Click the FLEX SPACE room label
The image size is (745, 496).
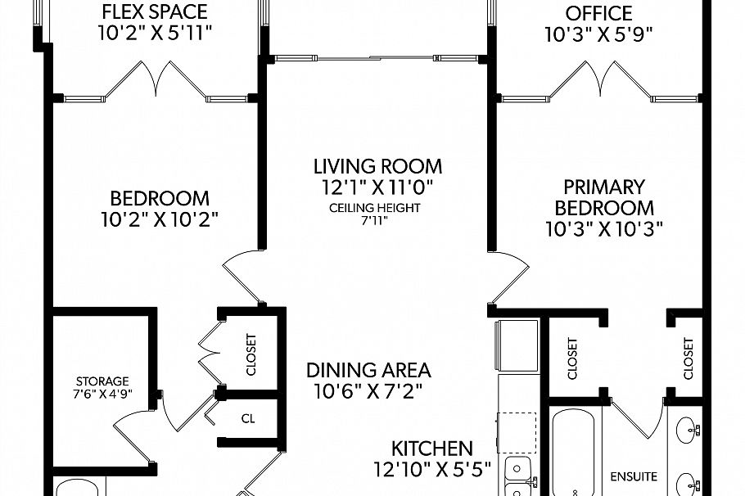pyautogui.click(x=154, y=12)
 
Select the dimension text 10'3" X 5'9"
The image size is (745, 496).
pyautogui.click(x=600, y=34)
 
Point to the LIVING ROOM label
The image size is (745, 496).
pyautogui.click(x=377, y=166)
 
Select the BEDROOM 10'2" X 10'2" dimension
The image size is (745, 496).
pyautogui.click(x=160, y=220)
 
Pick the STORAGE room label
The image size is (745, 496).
pyautogui.click(x=102, y=381)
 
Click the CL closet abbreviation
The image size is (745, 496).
pyautogui.click(x=247, y=418)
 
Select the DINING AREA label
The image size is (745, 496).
pyautogui.click(x=368, y=370)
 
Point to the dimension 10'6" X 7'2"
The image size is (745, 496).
pyautogui.click(x=368, y=391)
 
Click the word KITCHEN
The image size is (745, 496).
pyautogui.click(x=431, y=449)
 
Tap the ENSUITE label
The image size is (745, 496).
pyautogui.click(x=634, y=476)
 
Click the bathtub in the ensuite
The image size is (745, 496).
pyautogui.click(x=576, y=458)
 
